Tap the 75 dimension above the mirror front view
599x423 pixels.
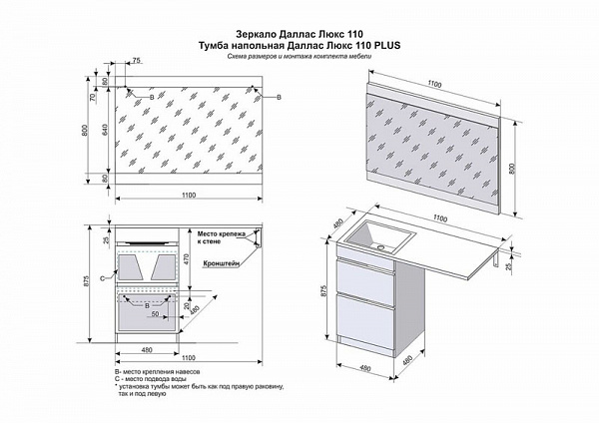pyautogui.click(x=136, y=62)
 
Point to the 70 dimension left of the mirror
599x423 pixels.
pyautogui.click(x=92, y=99)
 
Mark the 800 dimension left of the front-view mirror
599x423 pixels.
pyautogui.click(x=86, y=131)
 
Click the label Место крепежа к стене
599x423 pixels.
pyautogui.click(x=221, y=236)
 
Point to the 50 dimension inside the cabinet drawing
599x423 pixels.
pyautogui.click(x=155, y=313)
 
